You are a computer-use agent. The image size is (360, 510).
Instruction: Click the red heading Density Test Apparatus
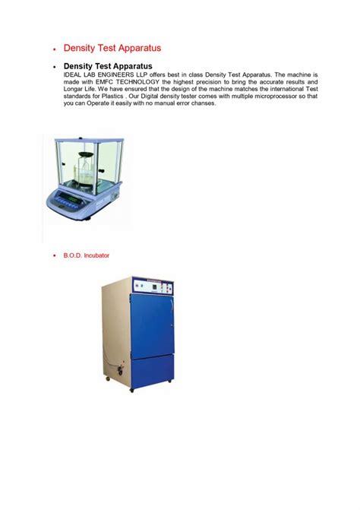112,49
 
